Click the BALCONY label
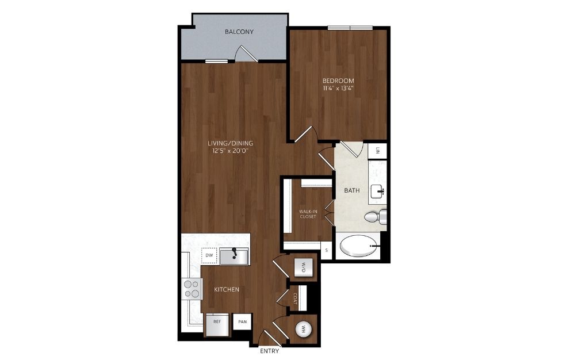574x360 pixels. click(239, 32)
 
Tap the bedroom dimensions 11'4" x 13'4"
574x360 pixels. click(338, 88)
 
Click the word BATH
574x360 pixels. click(352, 190)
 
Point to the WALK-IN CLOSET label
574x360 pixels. click(308, 214)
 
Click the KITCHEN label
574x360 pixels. click(227, 289)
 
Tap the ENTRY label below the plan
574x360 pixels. click(269, 351)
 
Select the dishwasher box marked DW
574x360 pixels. click(209, 255)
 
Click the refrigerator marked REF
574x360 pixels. click(217, 324)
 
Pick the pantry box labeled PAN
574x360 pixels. click(242, 322)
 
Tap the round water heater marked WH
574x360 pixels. click(304, 330)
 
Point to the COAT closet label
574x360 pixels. click(295, 298)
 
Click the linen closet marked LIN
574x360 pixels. click(377, 150)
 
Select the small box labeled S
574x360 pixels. click(326, 251)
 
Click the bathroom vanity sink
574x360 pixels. click(377, 192)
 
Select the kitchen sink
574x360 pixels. click(234, 256)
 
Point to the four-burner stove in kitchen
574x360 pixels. click(192, 289)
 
